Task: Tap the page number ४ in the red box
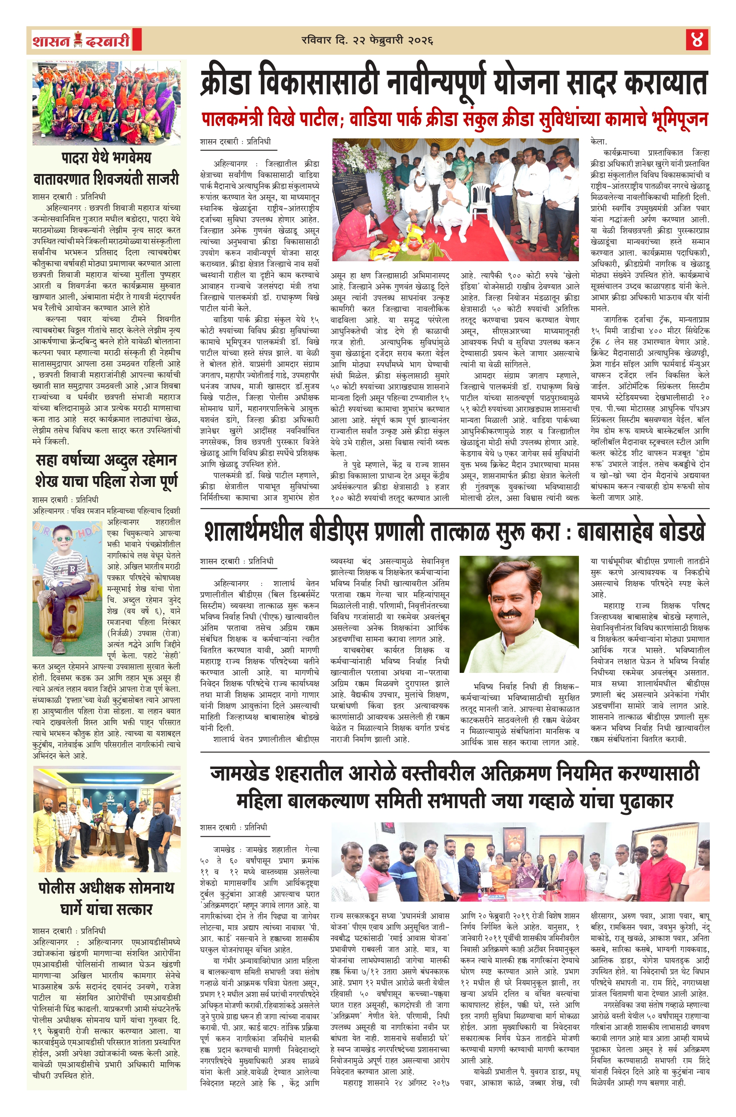[696, 40]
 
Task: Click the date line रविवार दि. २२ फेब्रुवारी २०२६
[367, 40]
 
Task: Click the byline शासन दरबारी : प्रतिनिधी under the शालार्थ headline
[236, 561]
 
